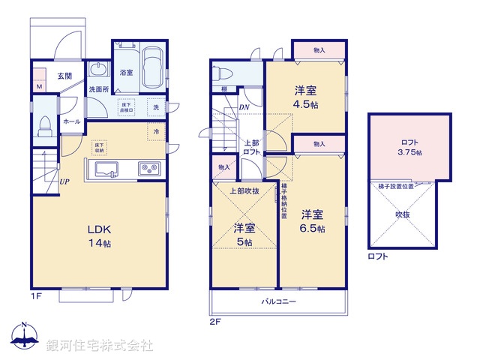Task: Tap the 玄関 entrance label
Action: [64, 76]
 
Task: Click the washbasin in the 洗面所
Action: [98, 70]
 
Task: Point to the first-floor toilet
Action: [43, 127]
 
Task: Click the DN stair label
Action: [244, 107]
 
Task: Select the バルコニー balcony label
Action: [278, 301]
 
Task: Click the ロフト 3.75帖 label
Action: [409, 147]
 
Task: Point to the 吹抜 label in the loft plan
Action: [403, 215]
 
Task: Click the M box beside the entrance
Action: [39, 86]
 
